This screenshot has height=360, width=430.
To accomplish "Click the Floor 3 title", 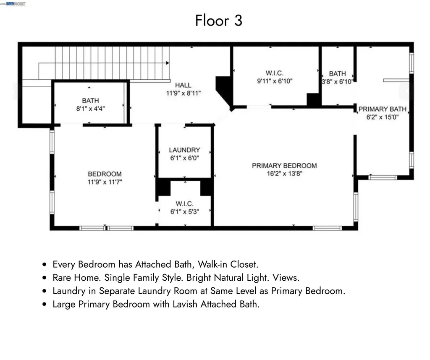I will (x=218, y=20).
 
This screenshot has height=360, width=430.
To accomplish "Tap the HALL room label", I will (x=184, y=85).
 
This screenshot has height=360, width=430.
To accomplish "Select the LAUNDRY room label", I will (x=184, y=150).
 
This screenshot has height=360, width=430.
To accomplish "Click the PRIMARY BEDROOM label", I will (x=284, y=166).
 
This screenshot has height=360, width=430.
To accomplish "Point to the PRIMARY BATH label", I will (x=382, y=109).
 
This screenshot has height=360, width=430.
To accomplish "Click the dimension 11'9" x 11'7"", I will (x=105, y=182).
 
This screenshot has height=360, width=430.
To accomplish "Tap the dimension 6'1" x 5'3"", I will (x=184, y=212).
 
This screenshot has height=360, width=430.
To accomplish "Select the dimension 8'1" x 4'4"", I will (x=90, y=108).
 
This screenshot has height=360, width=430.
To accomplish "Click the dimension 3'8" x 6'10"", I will (x=337, y=82).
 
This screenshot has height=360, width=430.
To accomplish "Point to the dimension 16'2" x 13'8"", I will (x=284, y=174).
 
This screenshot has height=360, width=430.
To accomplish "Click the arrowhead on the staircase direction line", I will (x=168, y=63).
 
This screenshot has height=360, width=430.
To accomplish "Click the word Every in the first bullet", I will (x=63, y=264).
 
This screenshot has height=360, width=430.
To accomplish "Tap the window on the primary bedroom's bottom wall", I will (x=327, y=228).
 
